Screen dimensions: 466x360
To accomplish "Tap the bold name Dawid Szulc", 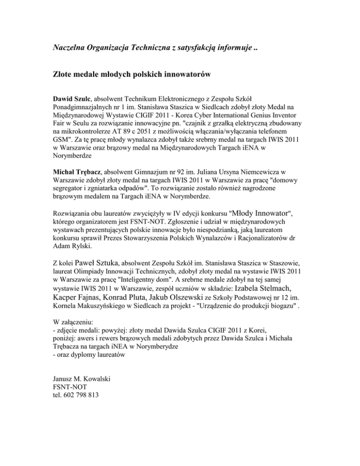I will click(72, 98).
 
